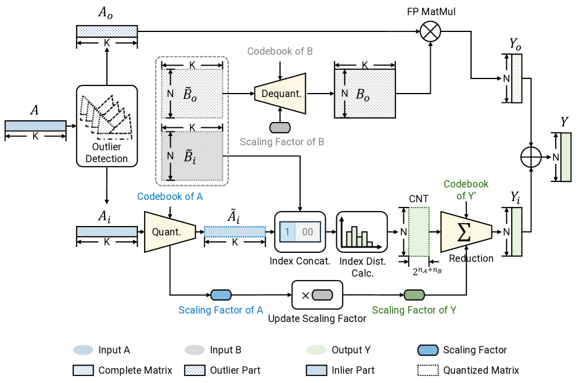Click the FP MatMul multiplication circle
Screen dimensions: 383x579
tap(430, 31)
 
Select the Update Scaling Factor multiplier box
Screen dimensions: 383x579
tap(317, 295)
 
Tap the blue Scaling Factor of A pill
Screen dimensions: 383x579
tap(221, 295)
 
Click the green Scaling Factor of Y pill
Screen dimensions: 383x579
tap(414, 295)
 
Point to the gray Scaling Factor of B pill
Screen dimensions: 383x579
tap(280, 127)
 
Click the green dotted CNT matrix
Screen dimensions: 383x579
tap(419, 231)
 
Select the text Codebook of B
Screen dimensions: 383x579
tap(280, 51)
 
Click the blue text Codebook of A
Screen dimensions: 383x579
tap(170, 196)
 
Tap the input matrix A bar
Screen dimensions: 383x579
tap(35, 126)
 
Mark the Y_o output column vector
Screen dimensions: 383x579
tap(516, 78)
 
